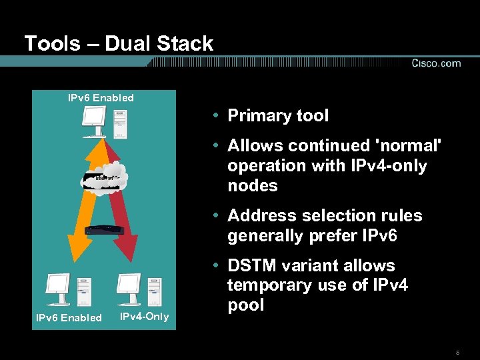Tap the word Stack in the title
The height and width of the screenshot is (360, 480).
click(x=187, y=44)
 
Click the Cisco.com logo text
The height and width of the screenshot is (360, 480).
click(x=436, y=63)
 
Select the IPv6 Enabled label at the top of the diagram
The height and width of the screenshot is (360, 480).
click(x=101, y=98)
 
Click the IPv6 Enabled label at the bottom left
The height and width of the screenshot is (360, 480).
click(x=69, y=317)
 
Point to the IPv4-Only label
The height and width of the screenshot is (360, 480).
click(x=144, y=316)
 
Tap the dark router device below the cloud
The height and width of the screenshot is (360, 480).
click(x=104, y=230)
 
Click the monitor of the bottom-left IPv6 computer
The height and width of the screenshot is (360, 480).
click(x=57, y=285)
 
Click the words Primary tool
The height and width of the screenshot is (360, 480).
click(x=278, y=115)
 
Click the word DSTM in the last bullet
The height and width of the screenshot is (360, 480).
click(x=253, y=265)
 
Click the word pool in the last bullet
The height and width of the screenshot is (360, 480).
click(x=245, y=305)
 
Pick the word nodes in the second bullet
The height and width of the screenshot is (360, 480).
click(x=253, y=185)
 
